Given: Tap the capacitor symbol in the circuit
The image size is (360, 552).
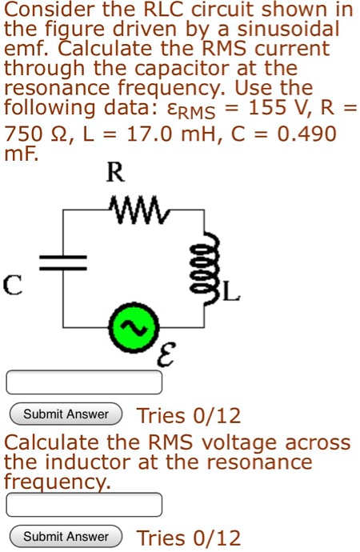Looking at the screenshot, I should pyautogui.click(x=64, y=262).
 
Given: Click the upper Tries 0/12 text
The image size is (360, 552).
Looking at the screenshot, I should pyautogui.click(x=189, y=416).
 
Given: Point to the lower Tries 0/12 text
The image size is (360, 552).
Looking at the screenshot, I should pyautogui.click(x=189, y=538).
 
